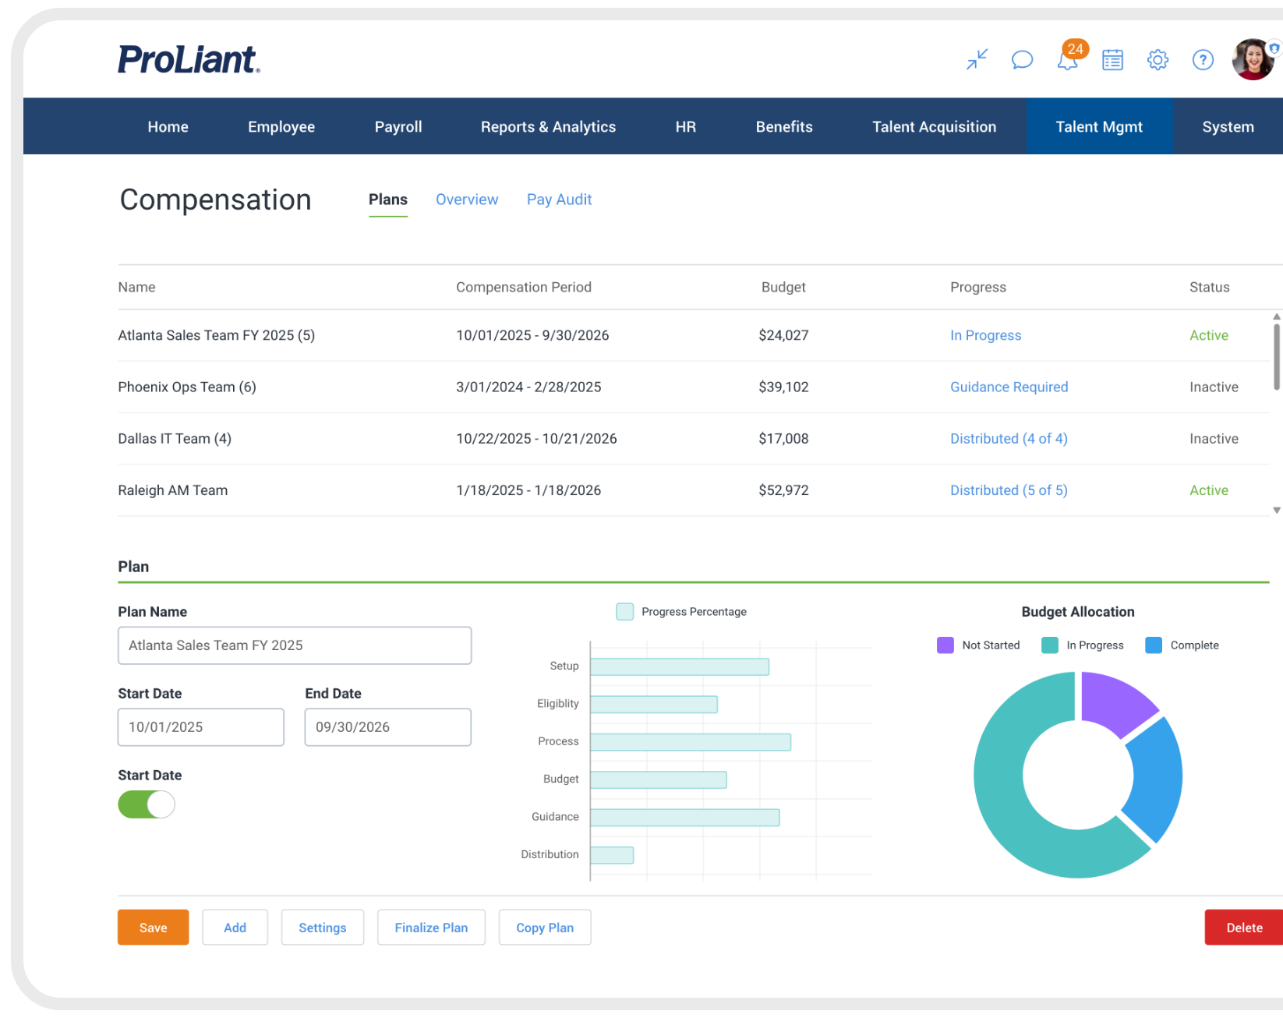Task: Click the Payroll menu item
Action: tap(398, 127)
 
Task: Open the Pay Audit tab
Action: tap(559, 200)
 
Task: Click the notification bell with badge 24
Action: tap(1068, 59)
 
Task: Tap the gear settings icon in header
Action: tap(1158, 60)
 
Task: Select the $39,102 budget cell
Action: tap(783, 387)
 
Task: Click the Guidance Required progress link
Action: tap(1009, 387)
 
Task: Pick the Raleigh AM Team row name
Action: tap(173, 490)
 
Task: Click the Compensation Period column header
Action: tap(523, 288)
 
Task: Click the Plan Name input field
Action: tap(295, 645)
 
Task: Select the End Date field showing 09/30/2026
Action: tap(387, 727)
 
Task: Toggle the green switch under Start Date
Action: tap(147, 804)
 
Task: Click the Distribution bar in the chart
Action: tap(612, 855)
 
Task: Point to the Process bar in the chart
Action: tap(690, 742)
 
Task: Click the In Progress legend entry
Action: tap(1083, 645)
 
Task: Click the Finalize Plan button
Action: tap(431, 928)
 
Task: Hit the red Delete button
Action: tap(1243, 928)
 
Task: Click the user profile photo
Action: tap(1252, 59)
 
